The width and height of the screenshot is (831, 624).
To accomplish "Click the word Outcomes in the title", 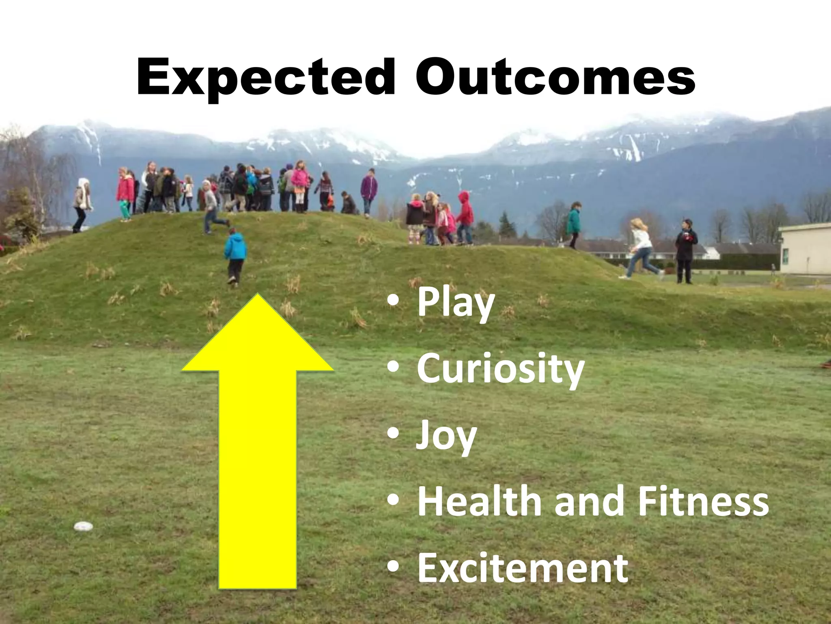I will (x=555, y=77).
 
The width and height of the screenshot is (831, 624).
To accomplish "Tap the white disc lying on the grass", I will (x=83, y=526).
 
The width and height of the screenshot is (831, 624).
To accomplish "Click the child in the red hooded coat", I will (x=465, y=217).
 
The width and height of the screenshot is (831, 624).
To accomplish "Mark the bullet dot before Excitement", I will (x=392, y=567).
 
